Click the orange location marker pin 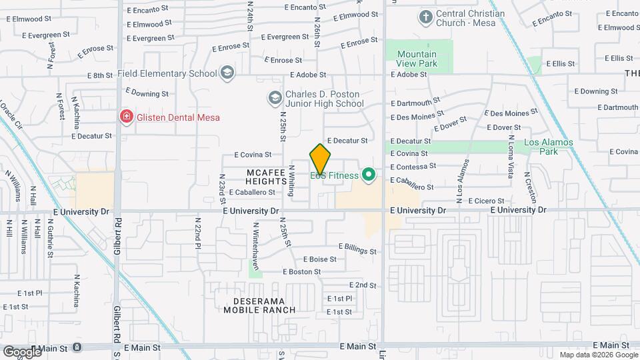[x=321, y=160]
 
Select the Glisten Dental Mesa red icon [x=125, y=117]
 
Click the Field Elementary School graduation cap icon [x=227, y=73]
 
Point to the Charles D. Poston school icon [x=275, y=99]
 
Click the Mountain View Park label [x=417, y=59]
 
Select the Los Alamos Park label [x=540, y=147]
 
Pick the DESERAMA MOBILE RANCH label [x=259, y=305]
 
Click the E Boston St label [x=302, y=272]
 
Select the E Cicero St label [x=489, y=201]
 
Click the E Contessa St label [x=413, y=166]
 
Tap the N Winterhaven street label [x=255, y=240]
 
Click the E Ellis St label [x=560, y=63]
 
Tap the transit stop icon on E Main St [x=77, y=347]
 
